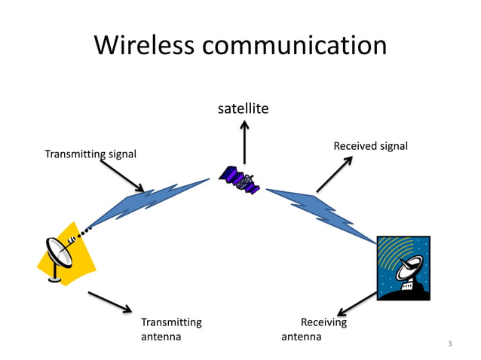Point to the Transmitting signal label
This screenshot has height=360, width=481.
(x=90, y=154)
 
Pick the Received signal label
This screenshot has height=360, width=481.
(x=370, y=145)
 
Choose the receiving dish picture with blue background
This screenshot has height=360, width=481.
(x=403, y=268)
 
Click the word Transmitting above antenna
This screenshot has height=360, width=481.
(x=171, y=322)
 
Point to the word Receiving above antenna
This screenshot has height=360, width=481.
(x=323, y=322)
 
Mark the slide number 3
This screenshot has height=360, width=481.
(x=449, y=344)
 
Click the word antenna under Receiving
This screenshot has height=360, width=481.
(x=301, y=337)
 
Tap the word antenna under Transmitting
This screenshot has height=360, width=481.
(x=161, y=337)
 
